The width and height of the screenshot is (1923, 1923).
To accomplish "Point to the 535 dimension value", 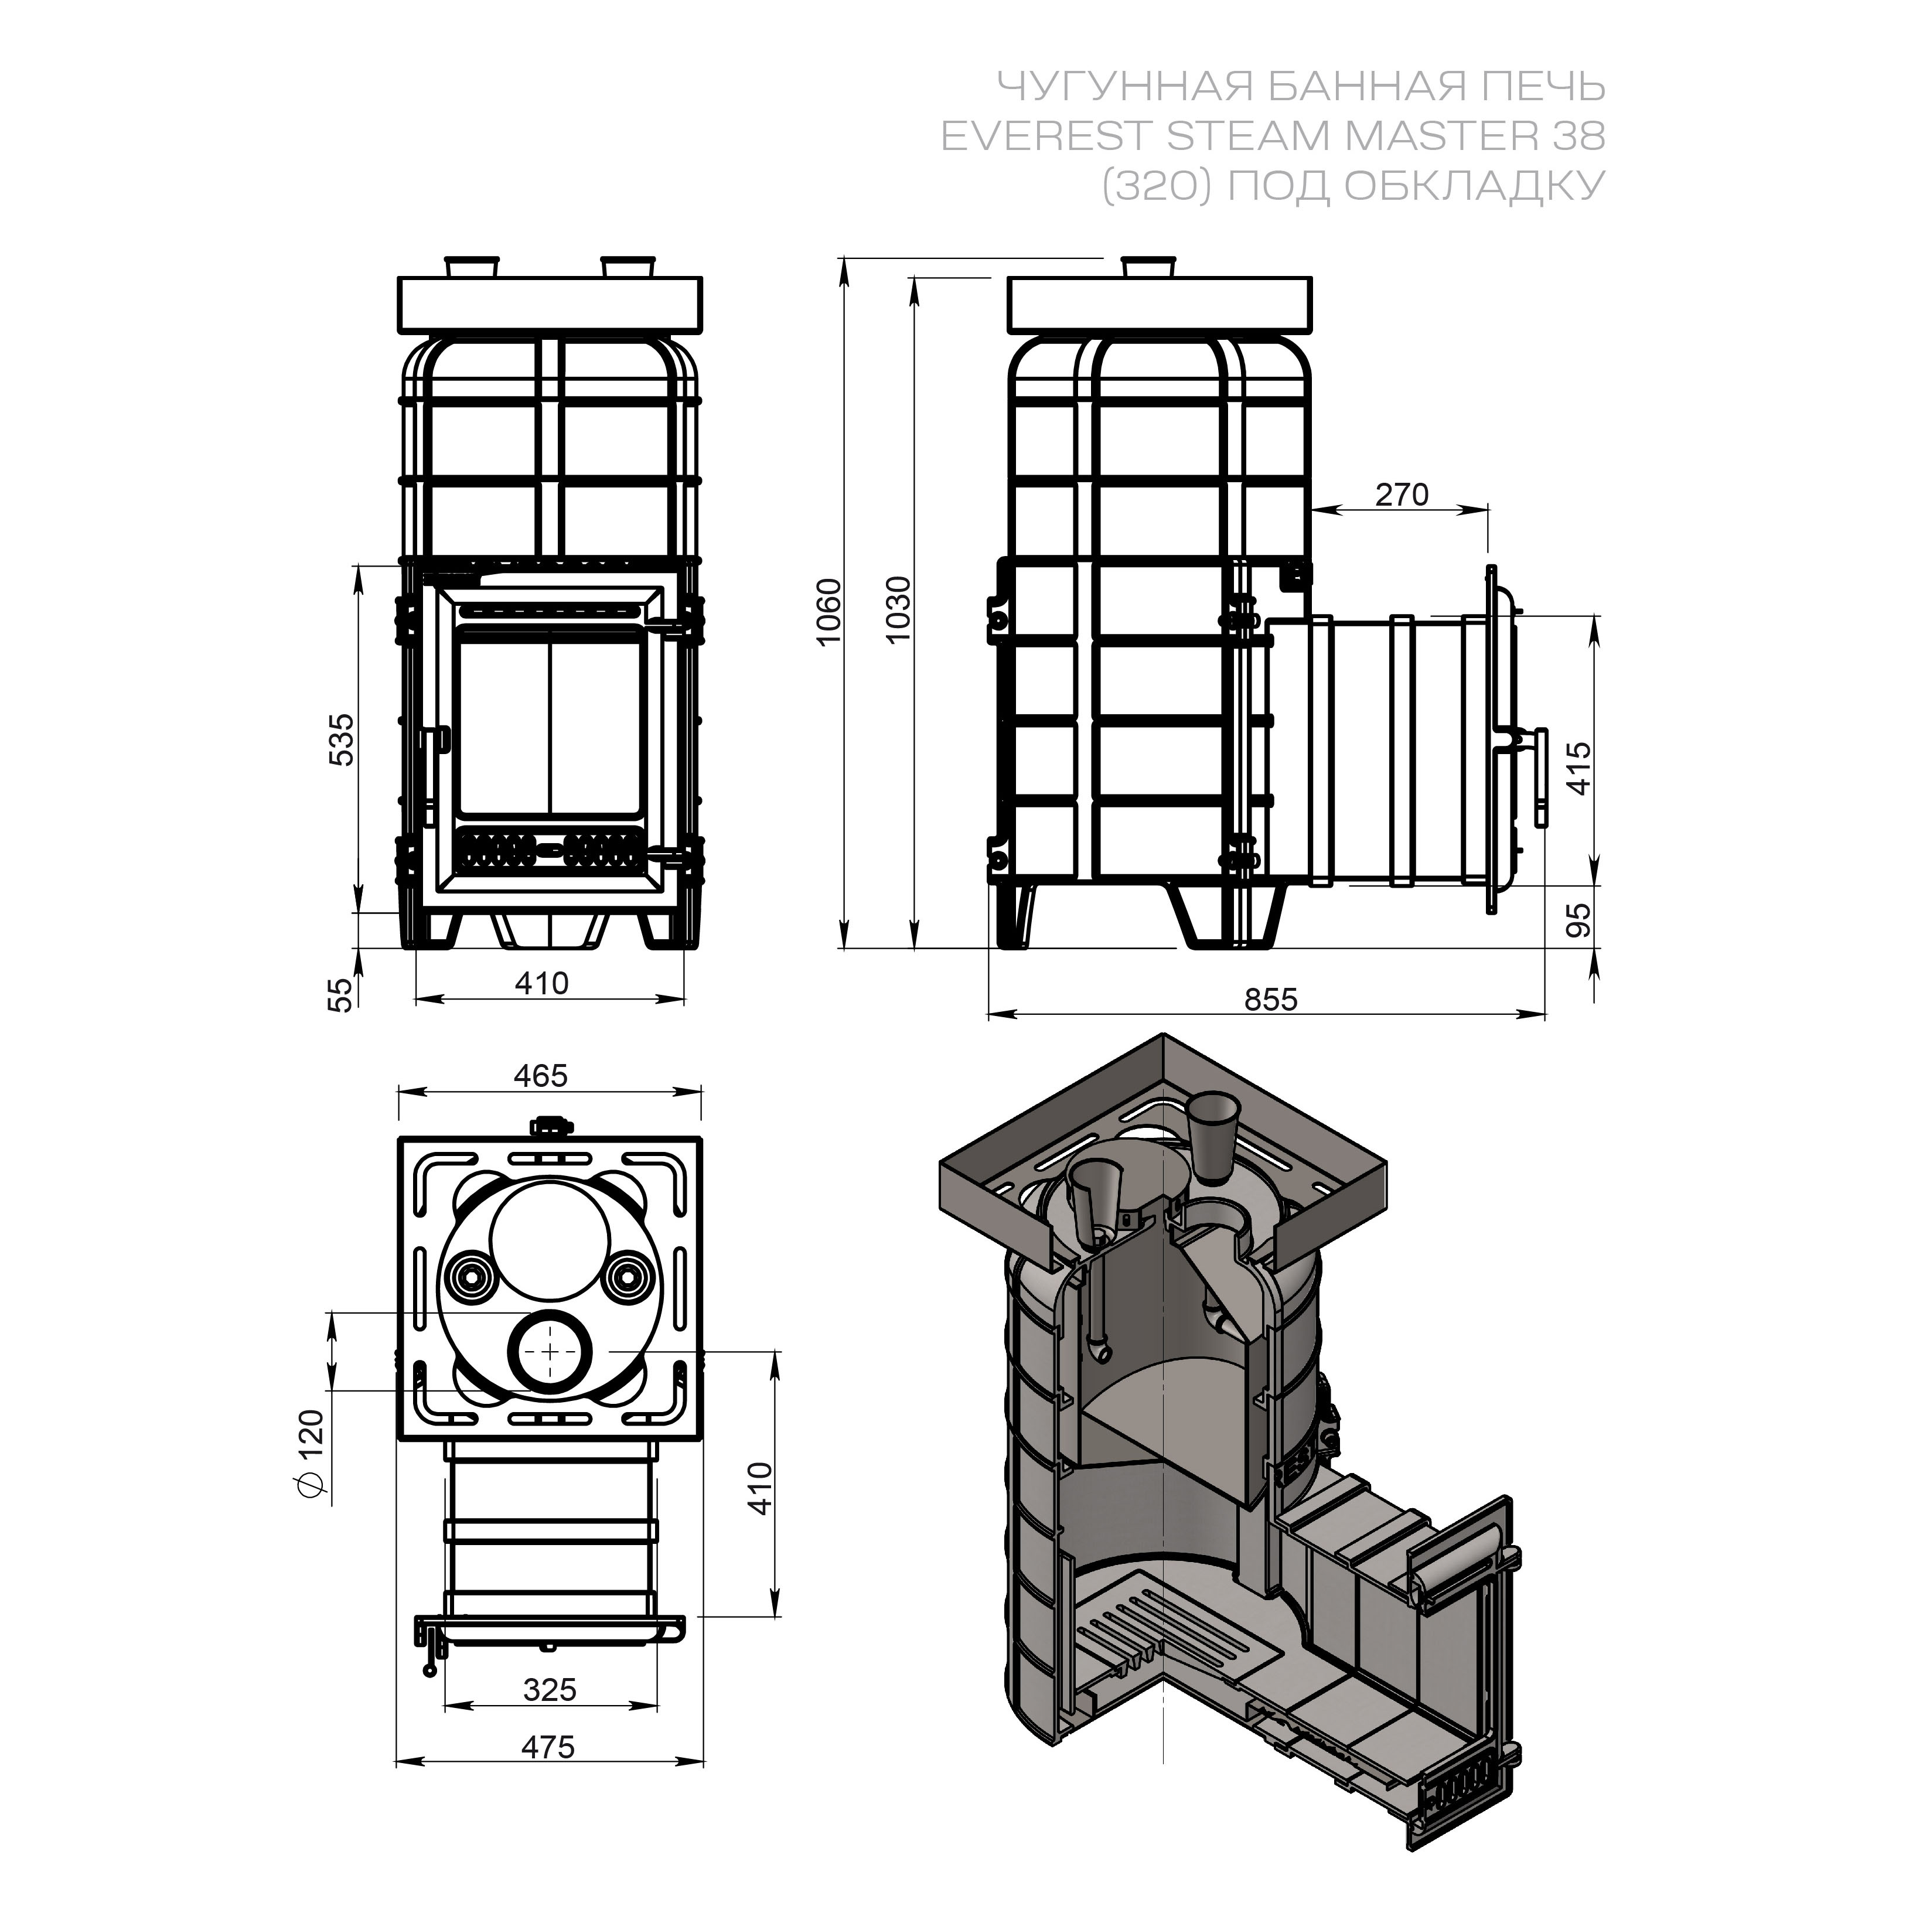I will (342, 738).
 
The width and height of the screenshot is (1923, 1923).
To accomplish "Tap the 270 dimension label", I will (1402, 494).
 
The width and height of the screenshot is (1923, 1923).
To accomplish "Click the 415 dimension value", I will (1578, 768).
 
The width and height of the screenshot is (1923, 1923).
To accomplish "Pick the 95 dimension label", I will (1578, 920).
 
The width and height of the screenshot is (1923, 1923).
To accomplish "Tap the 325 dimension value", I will (550, 1689).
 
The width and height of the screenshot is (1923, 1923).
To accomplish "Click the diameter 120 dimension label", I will (312, 1451).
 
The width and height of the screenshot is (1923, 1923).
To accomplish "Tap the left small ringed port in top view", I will (469, 1273).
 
